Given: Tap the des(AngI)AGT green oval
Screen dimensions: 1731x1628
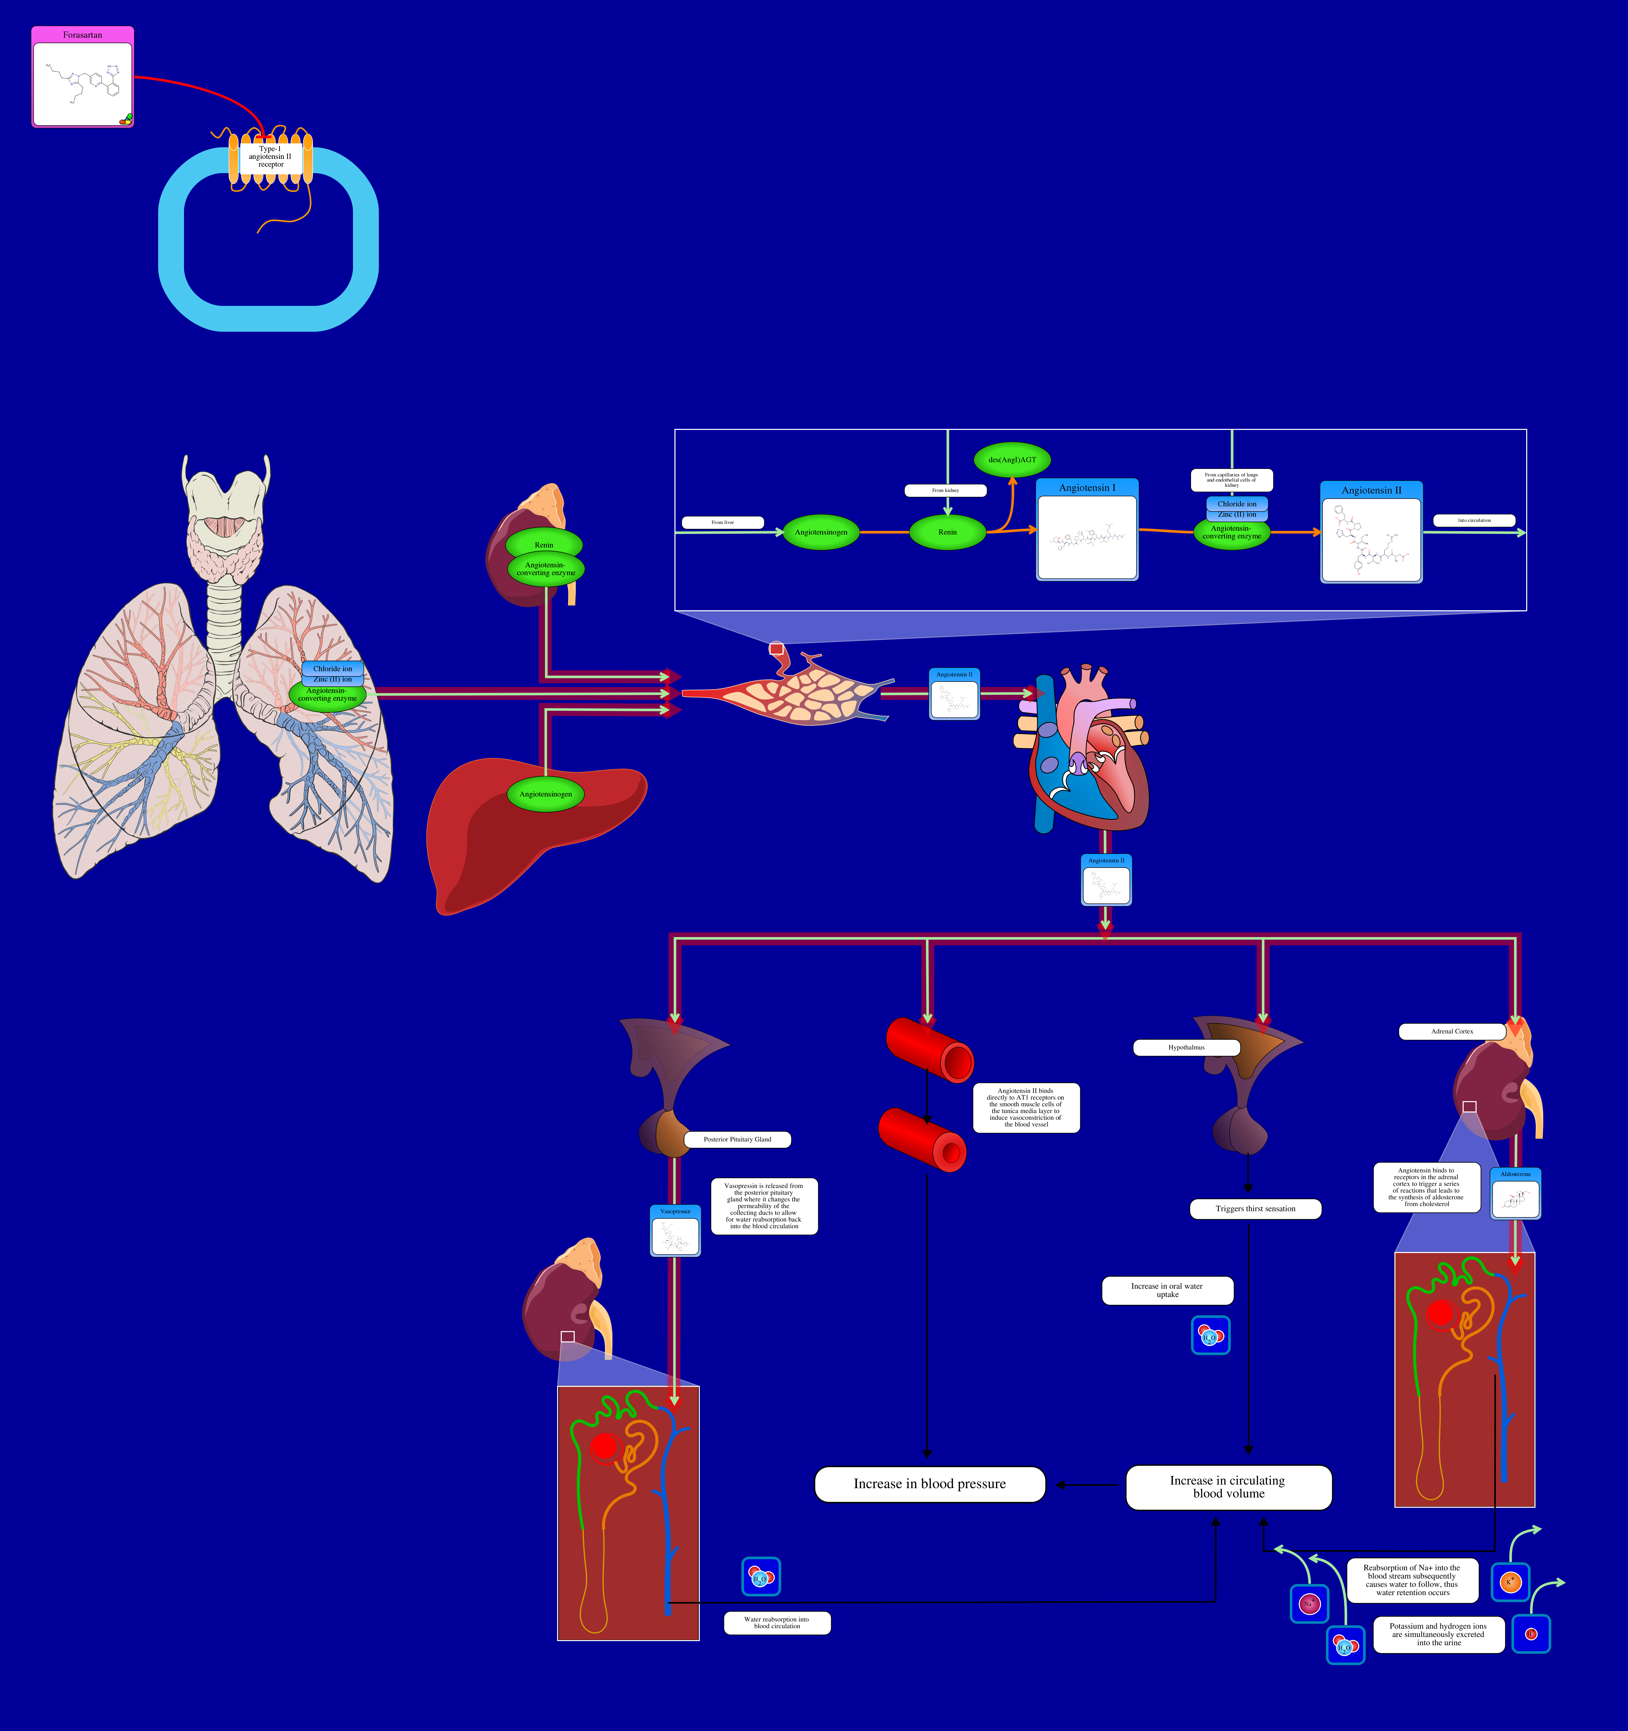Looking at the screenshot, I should click(x=1012, y=460).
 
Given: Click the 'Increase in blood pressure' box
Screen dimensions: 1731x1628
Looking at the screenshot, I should click(x=930, y=1484).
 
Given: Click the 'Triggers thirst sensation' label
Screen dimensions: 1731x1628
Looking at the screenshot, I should click(x=1255, y=1209).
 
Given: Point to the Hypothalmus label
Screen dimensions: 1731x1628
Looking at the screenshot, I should click(x=1186, y=1047).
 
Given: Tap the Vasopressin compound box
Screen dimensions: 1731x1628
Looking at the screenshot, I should click(x=675, y=1230).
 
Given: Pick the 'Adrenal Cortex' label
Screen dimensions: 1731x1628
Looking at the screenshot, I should click(x=1452, y=1031).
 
